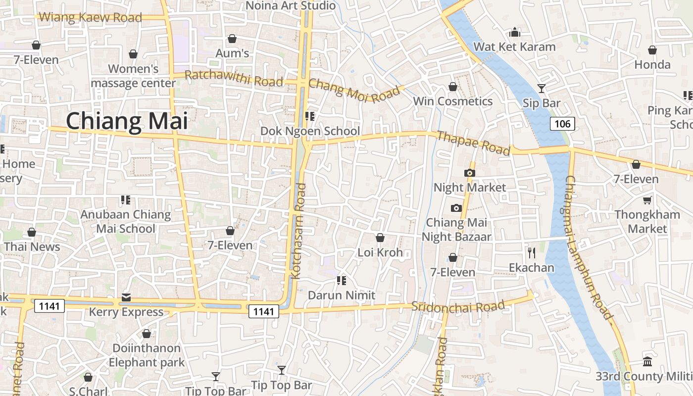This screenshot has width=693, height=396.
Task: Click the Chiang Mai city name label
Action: (x=127, y=121)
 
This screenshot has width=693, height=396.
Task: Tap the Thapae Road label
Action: (x=473, y=143)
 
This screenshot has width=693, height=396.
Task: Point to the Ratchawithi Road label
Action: (x=234, y=78)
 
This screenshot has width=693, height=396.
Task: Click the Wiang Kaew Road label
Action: (x=90, y=17)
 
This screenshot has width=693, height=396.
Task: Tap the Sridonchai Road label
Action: (x=458, y=306)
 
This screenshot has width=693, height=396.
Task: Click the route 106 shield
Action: (x=562, y=123)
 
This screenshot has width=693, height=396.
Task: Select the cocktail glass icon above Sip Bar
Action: (x=542, y=89)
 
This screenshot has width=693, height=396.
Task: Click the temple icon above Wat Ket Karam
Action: (x=515, y=32)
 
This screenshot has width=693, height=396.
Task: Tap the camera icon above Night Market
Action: (x=469, y=173)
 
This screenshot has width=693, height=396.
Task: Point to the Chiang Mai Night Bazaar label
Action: (x=456, y=230)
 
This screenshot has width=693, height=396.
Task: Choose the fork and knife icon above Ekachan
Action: (x=532, y=253)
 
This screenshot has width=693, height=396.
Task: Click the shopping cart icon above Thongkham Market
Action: (x=647, y=200)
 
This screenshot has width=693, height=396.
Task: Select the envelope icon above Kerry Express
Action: (x=126, y=297)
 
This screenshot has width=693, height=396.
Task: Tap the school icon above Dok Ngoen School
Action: (x=310, y=116)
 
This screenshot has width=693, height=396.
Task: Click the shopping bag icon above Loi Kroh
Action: (x=380, y=238)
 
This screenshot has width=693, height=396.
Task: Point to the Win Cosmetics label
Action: (x=453, y=101)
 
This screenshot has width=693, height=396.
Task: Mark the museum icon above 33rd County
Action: (x=647, y=361)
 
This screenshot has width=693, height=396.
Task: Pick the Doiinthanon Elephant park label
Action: (x=146, y=355)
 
